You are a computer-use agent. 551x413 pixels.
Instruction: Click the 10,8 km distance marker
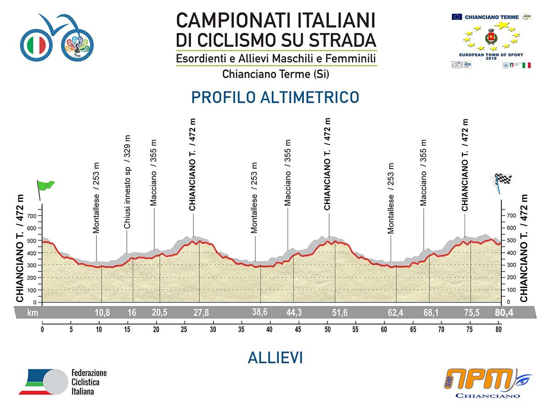point(102,313)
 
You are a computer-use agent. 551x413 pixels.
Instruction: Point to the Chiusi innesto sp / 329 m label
point(127,182)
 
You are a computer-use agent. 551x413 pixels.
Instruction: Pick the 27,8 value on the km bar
point(201,313)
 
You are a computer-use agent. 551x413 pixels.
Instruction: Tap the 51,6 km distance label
point(339,313)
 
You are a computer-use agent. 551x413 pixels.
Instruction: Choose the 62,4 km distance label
point(396,313)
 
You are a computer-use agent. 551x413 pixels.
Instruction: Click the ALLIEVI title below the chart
point(275,358)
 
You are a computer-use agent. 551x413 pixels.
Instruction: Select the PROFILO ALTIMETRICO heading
point(275,97)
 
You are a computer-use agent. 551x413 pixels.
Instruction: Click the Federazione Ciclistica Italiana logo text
point(89,382)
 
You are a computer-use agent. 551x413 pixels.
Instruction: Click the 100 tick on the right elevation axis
point(511,290)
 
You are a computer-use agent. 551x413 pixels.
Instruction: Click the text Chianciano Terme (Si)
point(275,74)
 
